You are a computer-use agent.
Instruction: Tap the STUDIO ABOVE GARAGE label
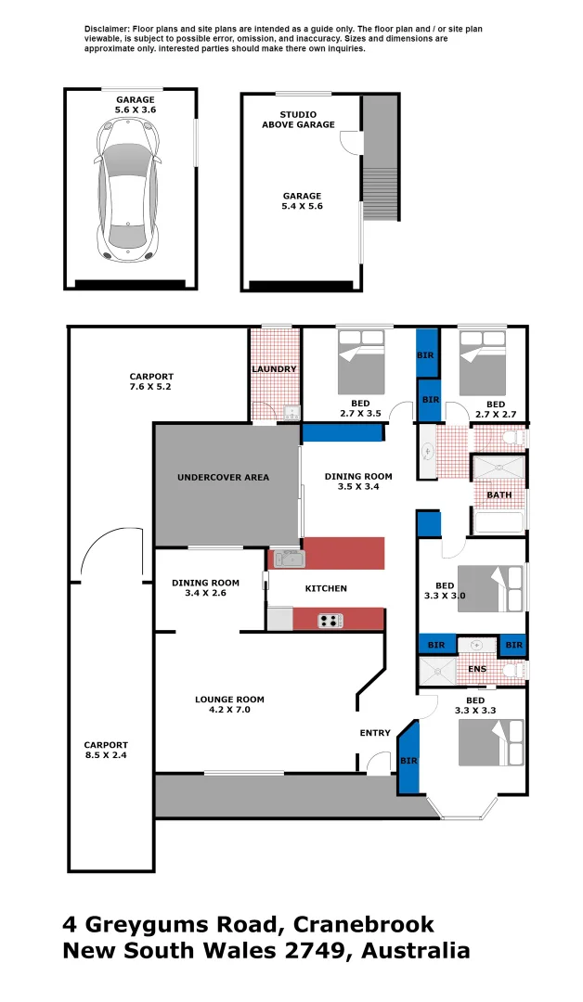[x=298, y=119]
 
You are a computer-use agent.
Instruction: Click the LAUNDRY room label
[x=274, y=369]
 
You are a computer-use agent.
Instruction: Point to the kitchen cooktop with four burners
[x=330, y=621]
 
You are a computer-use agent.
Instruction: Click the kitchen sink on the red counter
[x=287, y=559]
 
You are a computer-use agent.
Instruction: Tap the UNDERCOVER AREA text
[x=223, y=478]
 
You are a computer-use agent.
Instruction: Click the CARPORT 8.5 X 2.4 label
[x=106, y=750]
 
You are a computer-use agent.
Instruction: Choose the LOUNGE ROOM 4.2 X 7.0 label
[x=229, y=704]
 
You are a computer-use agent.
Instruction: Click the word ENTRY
[x=375, y=734]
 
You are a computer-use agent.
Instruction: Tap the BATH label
[x=499, y=495]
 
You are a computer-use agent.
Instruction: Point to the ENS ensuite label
[x=476, y=669]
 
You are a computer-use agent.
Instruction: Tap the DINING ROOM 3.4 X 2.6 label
[x=205, y=588]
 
